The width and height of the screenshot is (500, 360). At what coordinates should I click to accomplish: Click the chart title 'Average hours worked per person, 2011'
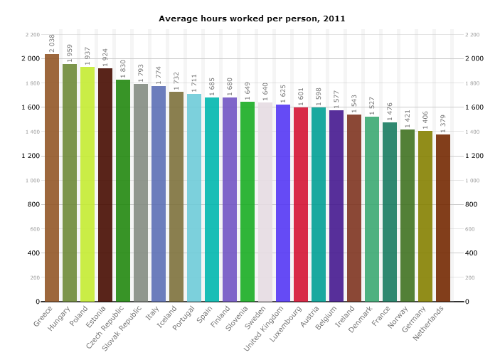coord(252,18)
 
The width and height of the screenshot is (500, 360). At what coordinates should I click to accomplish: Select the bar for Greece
coord(52,178)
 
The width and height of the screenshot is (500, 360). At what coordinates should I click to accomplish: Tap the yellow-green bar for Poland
coord(87,184)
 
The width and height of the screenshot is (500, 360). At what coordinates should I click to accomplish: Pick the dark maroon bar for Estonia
coord(105,185)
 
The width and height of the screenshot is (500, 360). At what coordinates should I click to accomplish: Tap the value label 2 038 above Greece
coord(53,43)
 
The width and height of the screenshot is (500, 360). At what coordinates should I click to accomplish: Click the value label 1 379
coord(444,123)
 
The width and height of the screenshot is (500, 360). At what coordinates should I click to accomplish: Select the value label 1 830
coord(124,68)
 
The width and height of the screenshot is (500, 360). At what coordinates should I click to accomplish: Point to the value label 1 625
coord(284,93)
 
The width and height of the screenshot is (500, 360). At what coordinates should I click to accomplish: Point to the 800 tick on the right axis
coord(472,204)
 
